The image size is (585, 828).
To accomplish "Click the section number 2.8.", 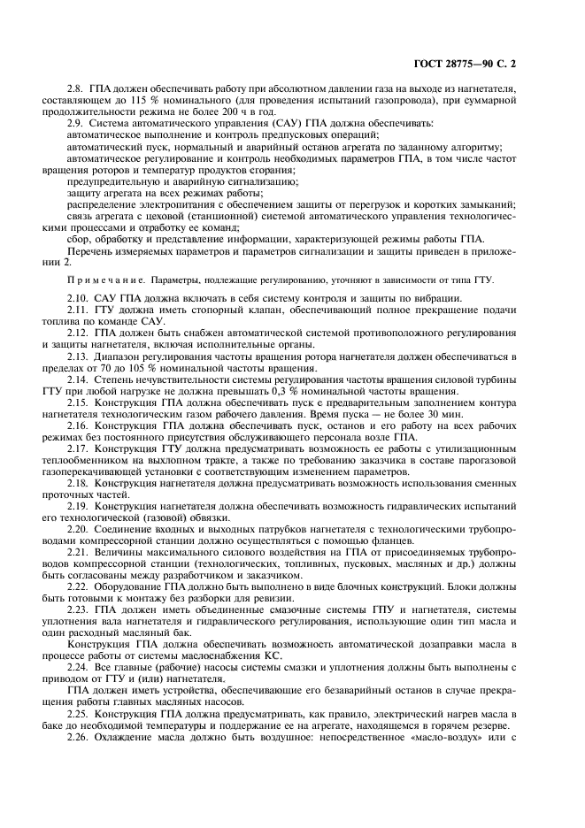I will click(78, 88).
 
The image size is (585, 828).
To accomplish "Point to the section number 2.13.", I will click(80, 356).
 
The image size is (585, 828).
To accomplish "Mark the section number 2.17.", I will click(80, 448).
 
